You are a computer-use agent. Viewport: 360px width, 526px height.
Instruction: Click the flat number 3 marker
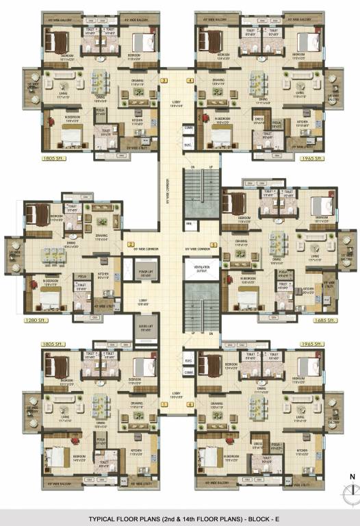point(164,81)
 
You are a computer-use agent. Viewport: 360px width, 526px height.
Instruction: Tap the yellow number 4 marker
point(190,81)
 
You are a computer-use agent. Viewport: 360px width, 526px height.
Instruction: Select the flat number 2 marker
point(130,244)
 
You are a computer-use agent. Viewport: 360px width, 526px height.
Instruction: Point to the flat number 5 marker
point(214,244)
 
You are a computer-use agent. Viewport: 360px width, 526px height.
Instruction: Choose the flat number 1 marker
point(164,404)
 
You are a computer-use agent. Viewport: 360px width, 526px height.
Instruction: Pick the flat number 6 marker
point(190,404)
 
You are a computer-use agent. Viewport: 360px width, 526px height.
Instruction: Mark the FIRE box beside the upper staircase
point(188,224)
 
